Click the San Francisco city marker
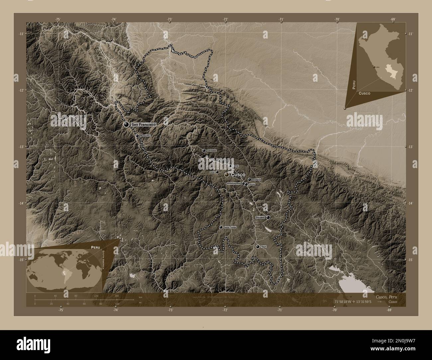[x=126, y=124]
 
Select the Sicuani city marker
[x=268, y=217]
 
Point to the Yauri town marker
[x=258, y=247]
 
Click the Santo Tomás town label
[x=230, y=227]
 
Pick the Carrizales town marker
[x=204, y=150]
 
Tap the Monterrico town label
[x=145, y=136]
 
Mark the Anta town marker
[x=217, y=172]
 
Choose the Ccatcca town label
[x=257, y=180]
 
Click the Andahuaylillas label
[x=234, y=183]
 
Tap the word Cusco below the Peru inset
[x=365, y=94]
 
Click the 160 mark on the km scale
[x=117, y=296]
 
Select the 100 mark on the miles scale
[x=117, y=304]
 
